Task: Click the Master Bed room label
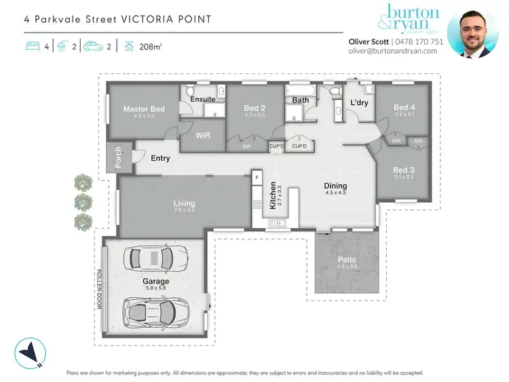(143, 109)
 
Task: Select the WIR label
(203, 135)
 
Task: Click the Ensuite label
(203, 99)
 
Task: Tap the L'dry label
(358, 102)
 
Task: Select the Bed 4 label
(404, 107)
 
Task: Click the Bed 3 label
(403, 170)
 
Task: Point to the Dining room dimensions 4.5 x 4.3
(335, 193)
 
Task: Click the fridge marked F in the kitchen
(257, 178)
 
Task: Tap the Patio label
(347, 259)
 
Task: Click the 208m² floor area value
(151, 47)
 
